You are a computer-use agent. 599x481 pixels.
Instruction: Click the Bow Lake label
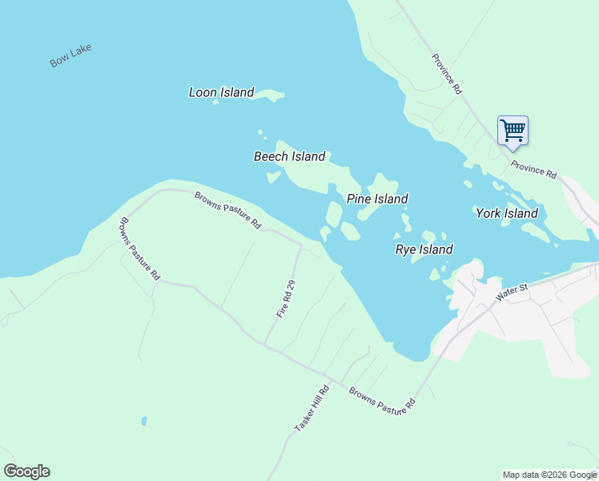pyautogui.click(x=70, y=55)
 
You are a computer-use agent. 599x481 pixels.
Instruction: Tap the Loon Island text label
pyautogui.click(x=221, y=92)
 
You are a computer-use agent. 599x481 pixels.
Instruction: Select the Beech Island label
pyautogui.click(x=289, y=156)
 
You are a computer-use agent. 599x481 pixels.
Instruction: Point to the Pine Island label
pyautogui.click(x=377, y=199)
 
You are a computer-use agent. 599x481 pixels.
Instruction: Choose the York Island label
pyautogui.click(x=506, y=213)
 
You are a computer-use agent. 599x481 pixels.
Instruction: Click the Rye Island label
pyautogui.click(x=424, y=249)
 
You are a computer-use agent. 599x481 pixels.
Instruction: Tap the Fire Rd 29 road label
pyautogui.click(x=287, y=298)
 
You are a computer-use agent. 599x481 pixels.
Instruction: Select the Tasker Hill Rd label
pyautogui.click(x=312, y=410)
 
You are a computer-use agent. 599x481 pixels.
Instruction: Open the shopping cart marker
pyautogui.click(x=513, y=129)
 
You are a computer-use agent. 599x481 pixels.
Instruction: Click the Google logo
pyautogui.click(x=26, y=471)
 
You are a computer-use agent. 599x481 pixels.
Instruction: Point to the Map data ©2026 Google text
pyautogui.click(x=549, y=475)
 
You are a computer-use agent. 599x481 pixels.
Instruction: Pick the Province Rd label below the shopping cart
pyautogui.click(x=533, y=170)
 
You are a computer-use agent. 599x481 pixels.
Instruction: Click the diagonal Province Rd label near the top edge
pyautogui.click(x=447, y=75)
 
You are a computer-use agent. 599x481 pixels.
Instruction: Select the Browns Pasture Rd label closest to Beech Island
pyautogui.click(x=228, y=211)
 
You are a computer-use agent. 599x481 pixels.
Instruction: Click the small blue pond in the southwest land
pyautogui.click(x=143, y=420)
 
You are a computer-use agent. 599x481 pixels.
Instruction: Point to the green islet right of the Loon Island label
pyautogui.click(x=272, y=96)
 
